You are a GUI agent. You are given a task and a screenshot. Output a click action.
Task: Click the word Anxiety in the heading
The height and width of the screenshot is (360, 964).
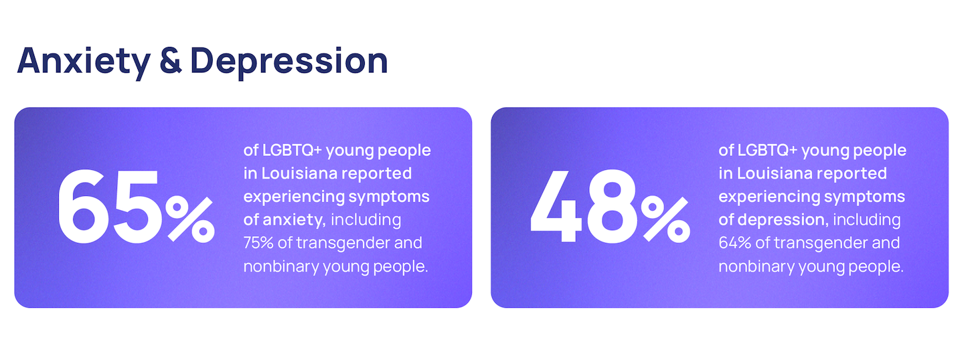84,62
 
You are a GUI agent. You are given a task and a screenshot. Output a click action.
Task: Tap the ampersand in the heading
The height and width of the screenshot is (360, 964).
171,60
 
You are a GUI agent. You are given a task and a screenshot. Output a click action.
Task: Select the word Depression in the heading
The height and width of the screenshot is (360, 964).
289,62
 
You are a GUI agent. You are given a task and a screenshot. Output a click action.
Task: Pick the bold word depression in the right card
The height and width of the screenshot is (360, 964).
783,219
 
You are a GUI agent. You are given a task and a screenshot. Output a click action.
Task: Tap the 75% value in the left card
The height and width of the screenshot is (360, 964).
258,243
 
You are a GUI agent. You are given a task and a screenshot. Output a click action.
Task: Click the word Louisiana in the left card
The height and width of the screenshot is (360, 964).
299,173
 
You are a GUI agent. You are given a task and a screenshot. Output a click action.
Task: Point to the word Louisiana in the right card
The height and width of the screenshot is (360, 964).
775,173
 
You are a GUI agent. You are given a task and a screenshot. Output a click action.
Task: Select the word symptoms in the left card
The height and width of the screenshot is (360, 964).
388,197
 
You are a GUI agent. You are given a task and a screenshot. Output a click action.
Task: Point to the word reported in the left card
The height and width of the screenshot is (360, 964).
376,174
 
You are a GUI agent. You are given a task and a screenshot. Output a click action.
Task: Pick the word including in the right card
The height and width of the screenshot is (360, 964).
867,220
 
